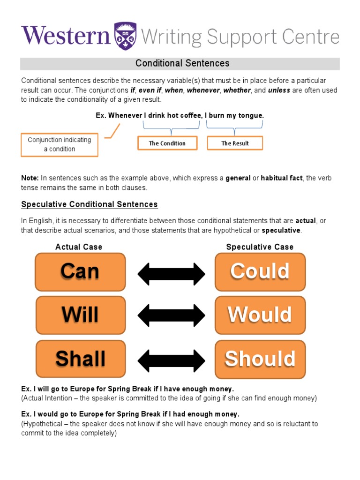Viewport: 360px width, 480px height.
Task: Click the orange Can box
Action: (80, 272)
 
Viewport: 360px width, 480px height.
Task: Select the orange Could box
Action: (260, 272)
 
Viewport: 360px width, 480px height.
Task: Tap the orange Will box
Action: (80, 315)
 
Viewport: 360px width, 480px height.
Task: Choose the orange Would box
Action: (260, 315)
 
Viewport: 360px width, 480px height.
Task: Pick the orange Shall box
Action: (80, 359)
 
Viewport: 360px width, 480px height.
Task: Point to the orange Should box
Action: (260, 359)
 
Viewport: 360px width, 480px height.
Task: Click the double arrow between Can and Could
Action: (171, 273)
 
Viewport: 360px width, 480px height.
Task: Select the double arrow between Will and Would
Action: (171, 315)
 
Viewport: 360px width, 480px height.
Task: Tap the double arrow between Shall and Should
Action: (171, 360)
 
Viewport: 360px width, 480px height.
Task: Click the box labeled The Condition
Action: (167, 143)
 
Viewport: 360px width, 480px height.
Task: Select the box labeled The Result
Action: (235, 143)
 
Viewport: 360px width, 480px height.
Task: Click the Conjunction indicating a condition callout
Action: (60, 144)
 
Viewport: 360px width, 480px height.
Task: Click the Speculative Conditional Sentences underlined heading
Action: (90, 204)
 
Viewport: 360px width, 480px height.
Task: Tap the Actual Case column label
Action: (79, 247)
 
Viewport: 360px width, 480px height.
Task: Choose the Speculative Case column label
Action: (260, 247)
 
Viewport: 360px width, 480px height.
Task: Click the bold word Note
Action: (30, 178)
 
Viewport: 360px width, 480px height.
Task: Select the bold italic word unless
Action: (279, 90)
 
